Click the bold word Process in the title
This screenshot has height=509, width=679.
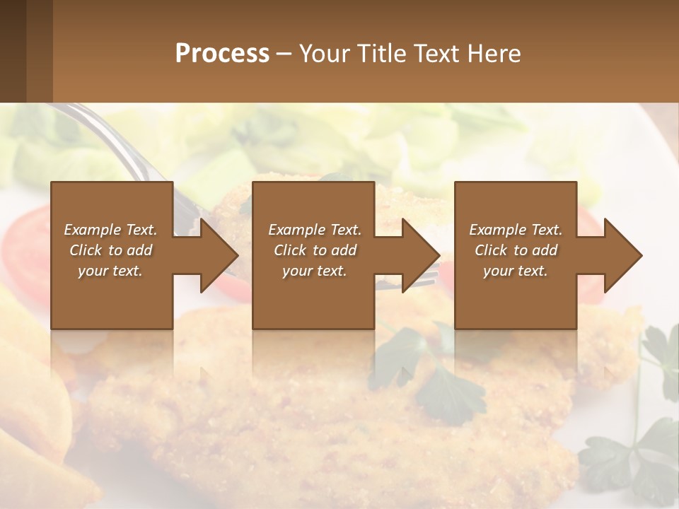coord(222,54)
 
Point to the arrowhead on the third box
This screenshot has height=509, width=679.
coord(622,255)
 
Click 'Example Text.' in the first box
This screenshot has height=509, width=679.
coord(110,230)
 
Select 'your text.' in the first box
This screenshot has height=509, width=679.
coord(110,271)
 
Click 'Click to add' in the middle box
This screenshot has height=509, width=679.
coord(315,250)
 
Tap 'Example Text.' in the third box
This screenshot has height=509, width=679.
coord(516,230)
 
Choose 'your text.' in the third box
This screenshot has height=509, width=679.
coord(516,271)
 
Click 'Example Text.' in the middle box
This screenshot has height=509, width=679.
coord(315,230)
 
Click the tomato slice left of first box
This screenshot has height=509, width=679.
coord(28,233)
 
